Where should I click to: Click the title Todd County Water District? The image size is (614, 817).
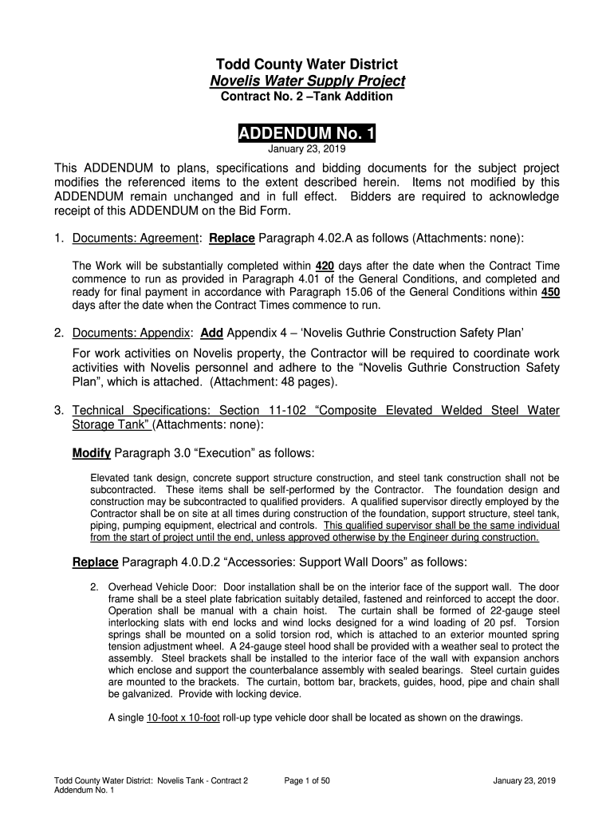[306, 64]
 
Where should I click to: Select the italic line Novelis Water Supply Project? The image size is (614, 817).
[307, 81]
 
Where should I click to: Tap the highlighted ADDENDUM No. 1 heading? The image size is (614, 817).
[307, 132]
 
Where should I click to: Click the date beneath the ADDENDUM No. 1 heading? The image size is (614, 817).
[306, 148]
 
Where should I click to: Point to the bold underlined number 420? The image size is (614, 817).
[325, 266]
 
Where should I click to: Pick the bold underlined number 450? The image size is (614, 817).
[549, 293]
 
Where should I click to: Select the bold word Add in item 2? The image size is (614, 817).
[211, 332]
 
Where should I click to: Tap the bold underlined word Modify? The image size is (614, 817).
[91, 453]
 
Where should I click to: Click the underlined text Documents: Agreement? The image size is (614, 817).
[135, 239]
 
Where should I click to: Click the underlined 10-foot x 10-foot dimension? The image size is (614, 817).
[183, 717]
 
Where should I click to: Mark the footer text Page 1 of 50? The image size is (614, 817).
[307, 780]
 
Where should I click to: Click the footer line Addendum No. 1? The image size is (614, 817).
[84, 790]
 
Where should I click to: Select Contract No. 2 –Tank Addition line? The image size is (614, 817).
[306, 97]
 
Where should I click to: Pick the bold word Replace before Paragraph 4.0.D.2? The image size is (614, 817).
[96, 562]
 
